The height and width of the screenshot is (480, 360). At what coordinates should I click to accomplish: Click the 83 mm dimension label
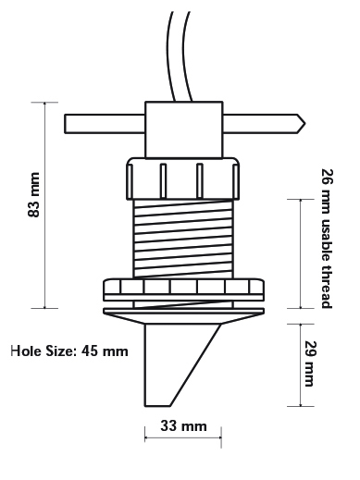pos(34,195)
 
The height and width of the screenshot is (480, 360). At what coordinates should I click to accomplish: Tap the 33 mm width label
pos(183,426)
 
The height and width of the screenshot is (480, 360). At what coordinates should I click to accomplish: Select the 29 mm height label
pos(310,363)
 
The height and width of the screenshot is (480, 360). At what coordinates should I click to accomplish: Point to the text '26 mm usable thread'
pos(328,239)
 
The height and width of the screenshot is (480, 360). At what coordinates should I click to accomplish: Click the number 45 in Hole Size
pos(89,351)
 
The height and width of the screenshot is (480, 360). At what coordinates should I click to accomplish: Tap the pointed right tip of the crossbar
pos(304,124)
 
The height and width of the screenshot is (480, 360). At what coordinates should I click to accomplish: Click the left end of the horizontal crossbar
pos(65,124)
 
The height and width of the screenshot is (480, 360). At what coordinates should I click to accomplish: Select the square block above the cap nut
pos(184,129)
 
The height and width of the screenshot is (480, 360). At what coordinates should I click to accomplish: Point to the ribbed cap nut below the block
pos(183,178)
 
